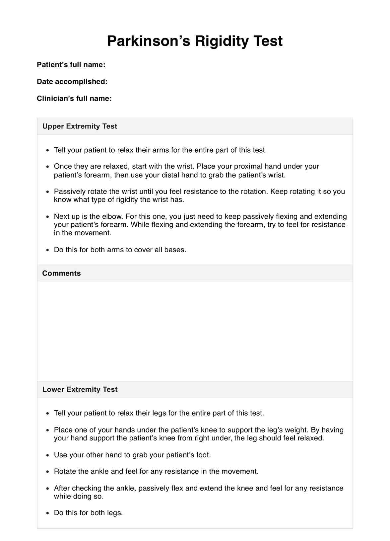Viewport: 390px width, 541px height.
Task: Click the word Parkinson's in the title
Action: pos(149,41)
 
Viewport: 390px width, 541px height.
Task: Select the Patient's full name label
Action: pos(71,65)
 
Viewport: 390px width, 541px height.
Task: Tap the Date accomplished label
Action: pos(72,82)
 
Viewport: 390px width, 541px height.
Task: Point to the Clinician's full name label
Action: pos(74,99)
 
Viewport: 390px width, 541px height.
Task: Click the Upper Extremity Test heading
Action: pos(80,126)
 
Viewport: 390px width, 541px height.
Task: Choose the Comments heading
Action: pos(61,273)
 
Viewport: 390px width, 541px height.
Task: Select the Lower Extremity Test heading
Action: pos(80,390)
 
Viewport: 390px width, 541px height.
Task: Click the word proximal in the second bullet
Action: pos(248,166)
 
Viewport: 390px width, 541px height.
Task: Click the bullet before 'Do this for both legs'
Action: pos(48,513)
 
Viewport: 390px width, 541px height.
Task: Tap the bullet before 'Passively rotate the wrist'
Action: pos(48,192)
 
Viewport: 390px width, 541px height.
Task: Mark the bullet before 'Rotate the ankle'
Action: pos(48,472)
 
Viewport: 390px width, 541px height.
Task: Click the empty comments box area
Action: pos(195,331)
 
